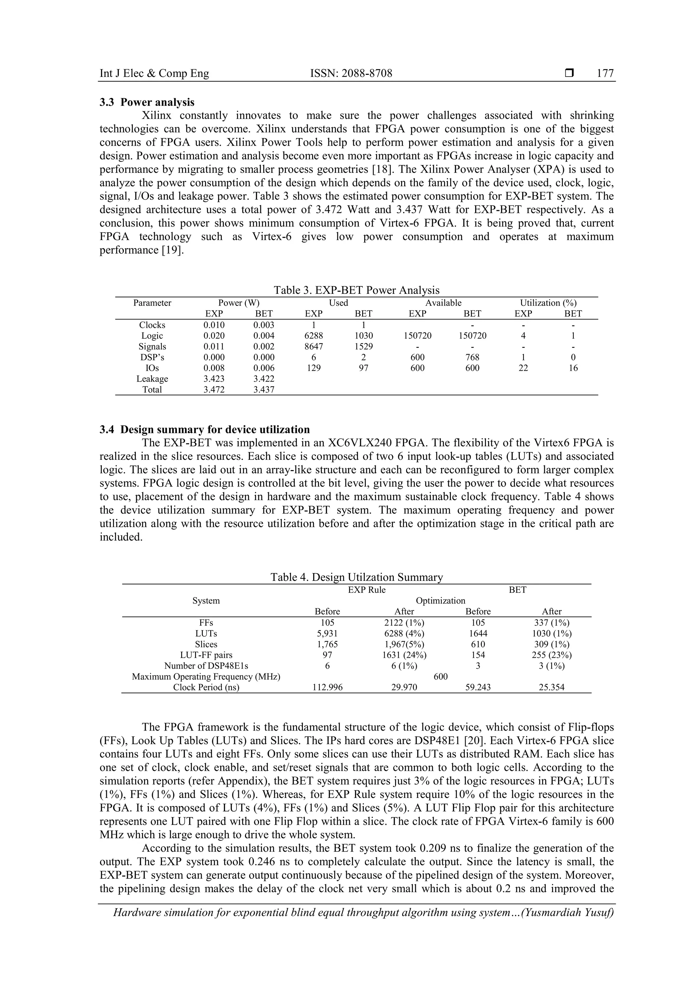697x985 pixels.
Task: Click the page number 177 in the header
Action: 605,73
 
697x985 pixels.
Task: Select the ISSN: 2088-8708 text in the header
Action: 351,73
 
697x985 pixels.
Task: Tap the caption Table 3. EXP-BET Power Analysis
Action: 356,290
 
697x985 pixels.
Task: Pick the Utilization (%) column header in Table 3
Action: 548,303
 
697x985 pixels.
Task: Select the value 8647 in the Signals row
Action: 314,347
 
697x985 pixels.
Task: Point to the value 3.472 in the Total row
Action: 214,389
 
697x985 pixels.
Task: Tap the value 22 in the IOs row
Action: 523,368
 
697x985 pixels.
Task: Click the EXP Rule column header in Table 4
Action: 367,590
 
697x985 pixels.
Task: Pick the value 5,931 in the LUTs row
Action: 327,633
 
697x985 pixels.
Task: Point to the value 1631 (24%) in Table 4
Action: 404,655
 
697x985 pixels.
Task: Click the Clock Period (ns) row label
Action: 206,687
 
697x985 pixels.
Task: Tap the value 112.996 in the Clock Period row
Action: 327,687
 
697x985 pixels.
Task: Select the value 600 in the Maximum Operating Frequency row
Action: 440,677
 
